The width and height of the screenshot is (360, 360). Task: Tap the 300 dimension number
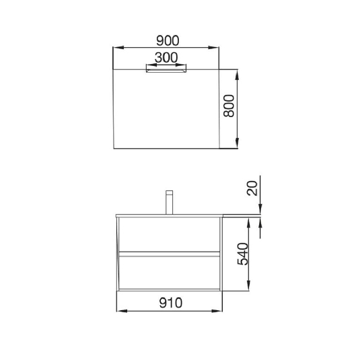pyautogui.click(x=166, y=58)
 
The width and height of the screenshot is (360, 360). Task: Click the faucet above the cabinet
pyautogui.click(x=170, y=201)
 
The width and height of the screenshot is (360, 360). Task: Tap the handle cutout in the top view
pyautogui.click(x=166, y=69)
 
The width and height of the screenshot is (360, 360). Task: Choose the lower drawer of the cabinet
pyautogui.click(x=169, y=271)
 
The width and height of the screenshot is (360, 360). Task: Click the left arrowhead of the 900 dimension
pyautogui.click(x=116, y=48)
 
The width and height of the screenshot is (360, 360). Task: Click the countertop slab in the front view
pyautogui.click(x=169, y=215)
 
